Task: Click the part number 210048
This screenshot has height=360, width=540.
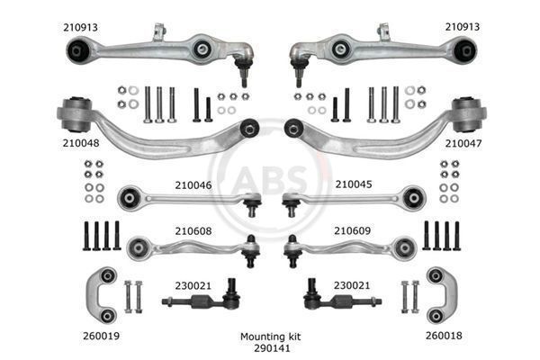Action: click(81, 143)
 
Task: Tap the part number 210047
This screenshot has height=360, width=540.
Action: click(463, 143)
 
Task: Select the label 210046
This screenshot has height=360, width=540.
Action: click(193, 185)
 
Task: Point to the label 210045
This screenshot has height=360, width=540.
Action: click(354, 184)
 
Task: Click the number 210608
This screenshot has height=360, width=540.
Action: click(193, 230)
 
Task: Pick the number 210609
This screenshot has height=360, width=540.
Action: click(352, 230)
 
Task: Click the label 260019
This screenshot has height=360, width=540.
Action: click(101, 336)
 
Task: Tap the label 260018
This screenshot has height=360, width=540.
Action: click(444, 336)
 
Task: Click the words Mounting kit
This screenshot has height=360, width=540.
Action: click(270, 337)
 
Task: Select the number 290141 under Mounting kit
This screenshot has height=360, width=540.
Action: click(272, 348)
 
